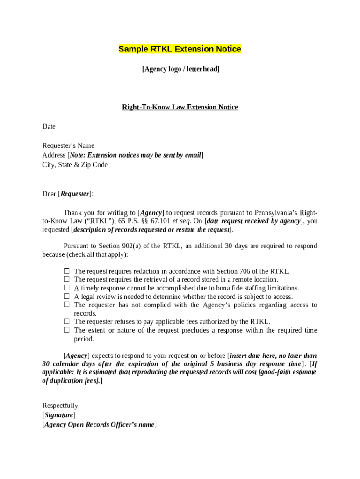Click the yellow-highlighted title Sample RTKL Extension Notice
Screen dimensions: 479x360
click(x=180, y=49)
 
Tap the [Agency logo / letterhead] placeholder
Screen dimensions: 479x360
click(x=180, y=69)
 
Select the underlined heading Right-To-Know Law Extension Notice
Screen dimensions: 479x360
click(x=180, y=107)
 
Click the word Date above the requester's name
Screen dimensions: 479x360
click(x=49, y=127)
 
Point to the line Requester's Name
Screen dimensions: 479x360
click(x=68, y=146)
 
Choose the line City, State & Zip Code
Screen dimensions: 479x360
click(x=75, y=165)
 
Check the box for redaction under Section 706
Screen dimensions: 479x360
click(x=67, y=271)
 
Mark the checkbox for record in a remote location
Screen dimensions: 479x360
click(x=67, y=279)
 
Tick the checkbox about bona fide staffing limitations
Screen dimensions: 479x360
click(x=67, y=288)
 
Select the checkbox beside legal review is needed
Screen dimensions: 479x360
click(x=67, y=296)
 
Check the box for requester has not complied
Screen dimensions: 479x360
click(x=67, y=305)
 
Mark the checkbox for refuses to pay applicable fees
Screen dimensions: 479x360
click(x=67, y=321)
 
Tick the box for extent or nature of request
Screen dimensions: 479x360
click(x=67, y=330)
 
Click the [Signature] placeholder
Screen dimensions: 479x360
click(x=58, y=415)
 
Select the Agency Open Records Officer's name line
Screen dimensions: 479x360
click(x=99, y=425)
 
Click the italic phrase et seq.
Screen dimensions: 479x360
click(x=181, y=221)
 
